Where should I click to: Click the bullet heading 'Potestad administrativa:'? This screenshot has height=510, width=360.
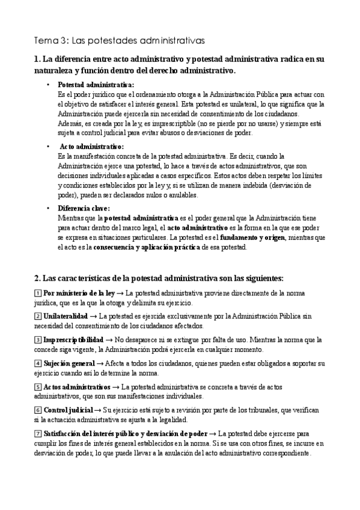[x=96, y=85]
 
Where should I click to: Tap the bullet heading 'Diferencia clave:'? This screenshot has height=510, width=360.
[x=84, y=208]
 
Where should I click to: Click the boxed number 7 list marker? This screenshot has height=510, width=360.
[x=38, y=434]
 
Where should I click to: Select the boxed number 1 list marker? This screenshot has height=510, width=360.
[x=38, y=292]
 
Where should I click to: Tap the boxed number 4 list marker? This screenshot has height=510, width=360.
[x=38, y=363]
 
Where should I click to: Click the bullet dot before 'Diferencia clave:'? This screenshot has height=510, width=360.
[x=48, y=208]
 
